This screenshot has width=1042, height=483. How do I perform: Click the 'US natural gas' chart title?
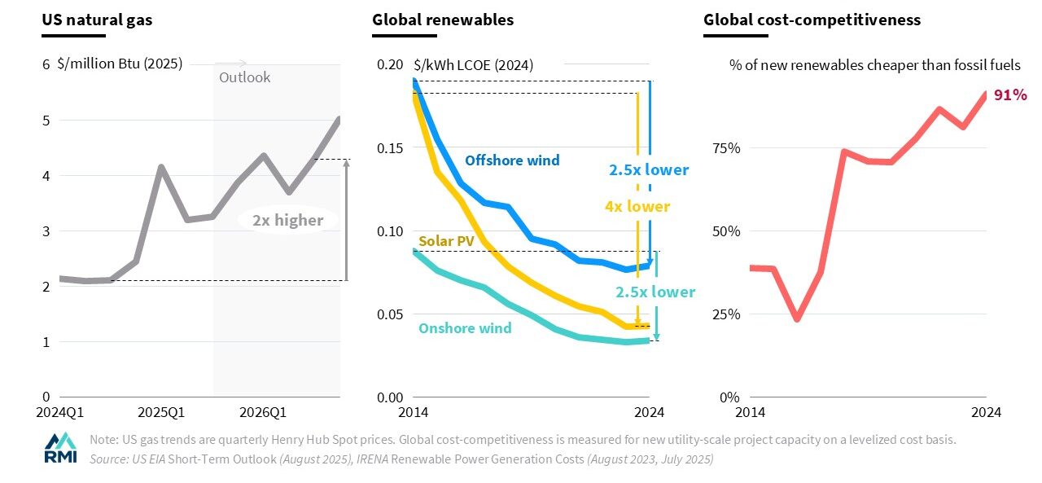97,20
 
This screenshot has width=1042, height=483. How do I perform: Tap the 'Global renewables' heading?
443,20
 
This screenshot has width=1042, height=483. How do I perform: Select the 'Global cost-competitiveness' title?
812,20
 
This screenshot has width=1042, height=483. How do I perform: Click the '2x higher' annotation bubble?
287,220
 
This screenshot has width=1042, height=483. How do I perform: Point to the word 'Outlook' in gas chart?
244,77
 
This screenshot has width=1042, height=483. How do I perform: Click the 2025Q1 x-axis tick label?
160,412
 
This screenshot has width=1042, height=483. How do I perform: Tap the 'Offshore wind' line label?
512,160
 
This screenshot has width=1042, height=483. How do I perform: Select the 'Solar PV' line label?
445,241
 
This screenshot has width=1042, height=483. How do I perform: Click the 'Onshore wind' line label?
465,328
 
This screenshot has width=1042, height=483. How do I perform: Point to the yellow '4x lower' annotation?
637,207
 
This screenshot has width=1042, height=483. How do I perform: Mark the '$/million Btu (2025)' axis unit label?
120,64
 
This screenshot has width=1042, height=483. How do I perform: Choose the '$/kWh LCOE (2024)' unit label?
473,64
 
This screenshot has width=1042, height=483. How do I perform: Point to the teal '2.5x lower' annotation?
655,292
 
